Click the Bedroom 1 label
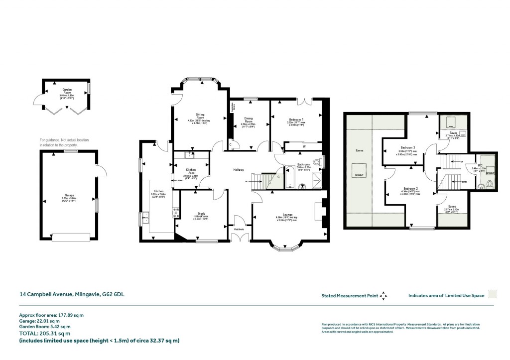click(295, 120)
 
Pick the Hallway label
click(239, 170)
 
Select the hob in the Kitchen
click(175, 213)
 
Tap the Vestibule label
click(239, 229)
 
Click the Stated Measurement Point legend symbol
click(382, 296)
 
